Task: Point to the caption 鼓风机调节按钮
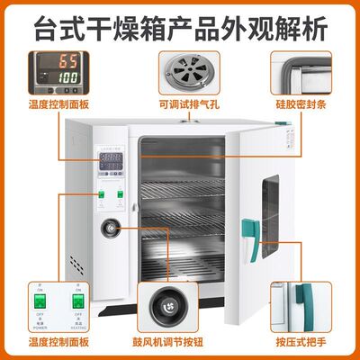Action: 178,343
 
